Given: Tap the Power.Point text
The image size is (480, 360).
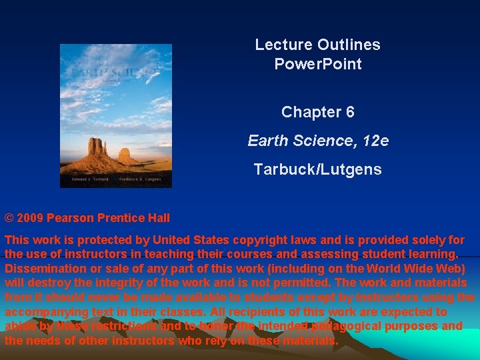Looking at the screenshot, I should click(318, 65).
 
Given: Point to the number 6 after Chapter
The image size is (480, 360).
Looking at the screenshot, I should click(350, 112).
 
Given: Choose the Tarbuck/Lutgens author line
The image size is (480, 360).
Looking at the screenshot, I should click(318, 169).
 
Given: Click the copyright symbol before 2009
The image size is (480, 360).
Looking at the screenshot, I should click(9, 218).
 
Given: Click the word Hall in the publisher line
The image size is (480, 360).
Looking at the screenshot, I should click(158, 218).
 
